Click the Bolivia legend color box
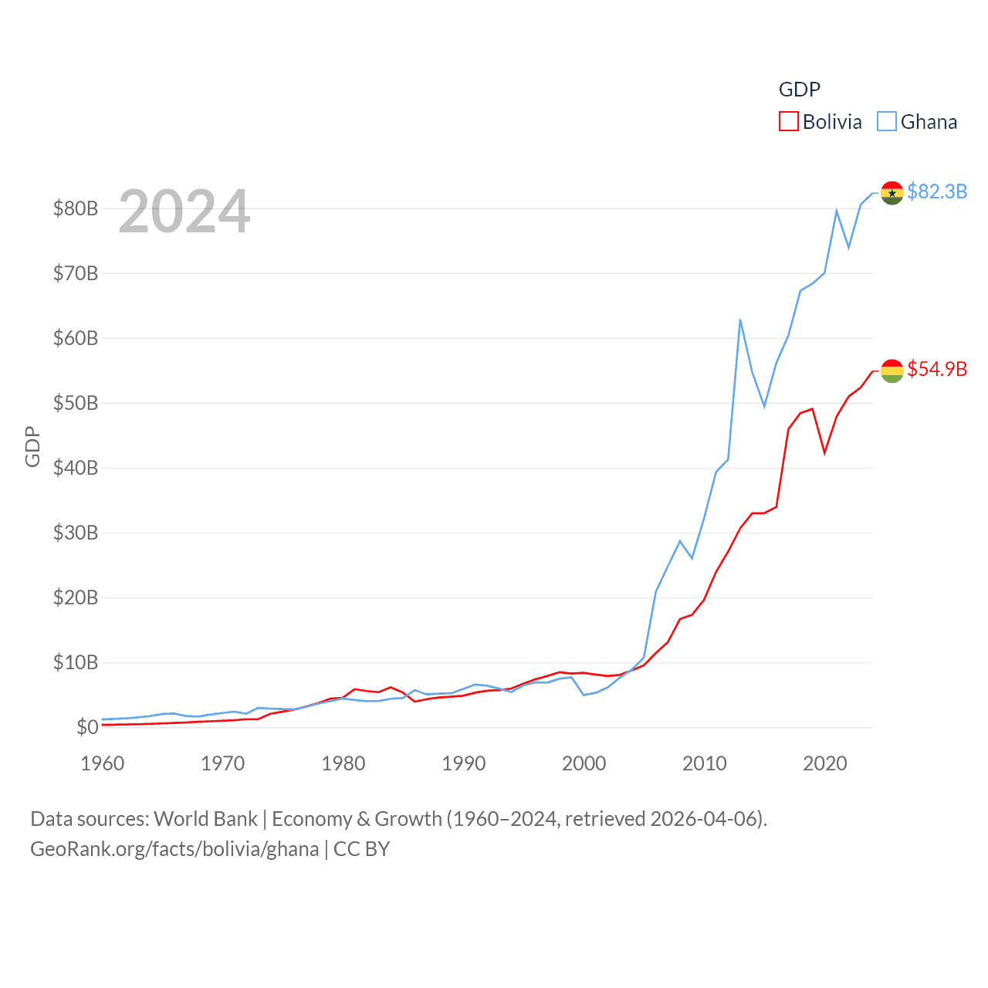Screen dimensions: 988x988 point(788,122)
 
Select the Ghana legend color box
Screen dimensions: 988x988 point(887,122)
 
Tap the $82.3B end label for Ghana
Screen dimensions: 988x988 point(937,191)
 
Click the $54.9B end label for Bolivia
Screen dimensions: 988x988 point(937,369)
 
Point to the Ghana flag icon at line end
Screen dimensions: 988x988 point(892,193)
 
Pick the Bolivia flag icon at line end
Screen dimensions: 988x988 point(892,370)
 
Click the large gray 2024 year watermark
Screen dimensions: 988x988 point(184,211)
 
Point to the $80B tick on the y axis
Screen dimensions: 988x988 point(76,208)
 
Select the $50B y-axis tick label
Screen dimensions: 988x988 point(76,403)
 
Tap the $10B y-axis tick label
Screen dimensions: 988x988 point(76,662)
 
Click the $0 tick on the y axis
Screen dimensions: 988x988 point(87,727)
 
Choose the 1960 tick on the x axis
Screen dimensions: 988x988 point(103,763)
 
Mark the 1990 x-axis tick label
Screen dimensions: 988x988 point(464,763)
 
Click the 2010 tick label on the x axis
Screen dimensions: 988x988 point(705,763)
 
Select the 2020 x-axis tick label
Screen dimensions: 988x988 point(825,763)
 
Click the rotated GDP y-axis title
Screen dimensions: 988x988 point(32,446)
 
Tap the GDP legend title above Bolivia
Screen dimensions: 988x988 point(800,90)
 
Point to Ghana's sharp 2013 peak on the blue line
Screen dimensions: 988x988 point(740,320)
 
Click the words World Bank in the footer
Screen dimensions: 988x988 point(205,818)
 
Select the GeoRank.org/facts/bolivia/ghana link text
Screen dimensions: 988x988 point(174,849)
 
